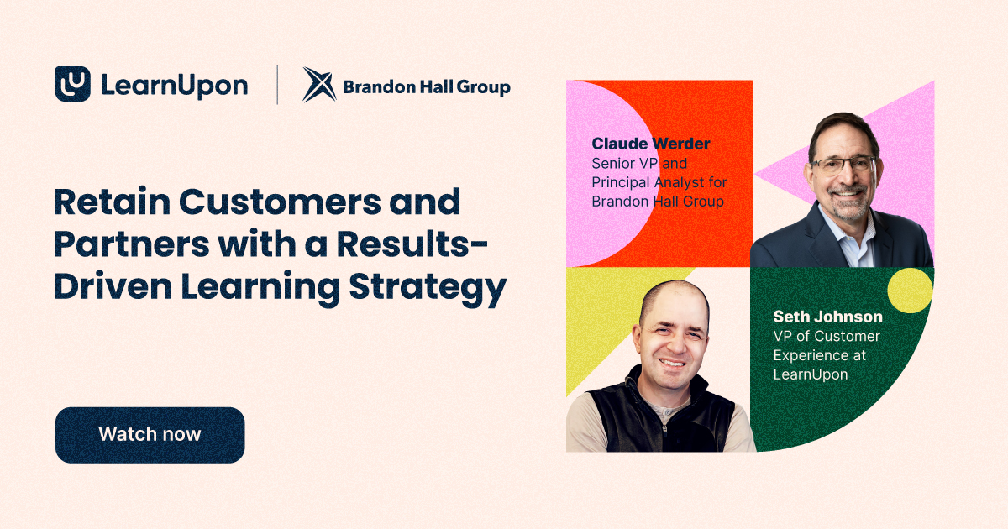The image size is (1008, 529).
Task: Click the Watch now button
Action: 150,435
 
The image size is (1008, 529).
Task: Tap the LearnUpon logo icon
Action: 72,84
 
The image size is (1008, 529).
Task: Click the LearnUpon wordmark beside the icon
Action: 174,85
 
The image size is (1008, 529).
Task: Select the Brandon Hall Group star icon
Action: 318,85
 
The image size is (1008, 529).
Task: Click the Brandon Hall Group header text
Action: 426,86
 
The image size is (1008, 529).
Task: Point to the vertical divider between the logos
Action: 277,85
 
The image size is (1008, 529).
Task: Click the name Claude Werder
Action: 650,144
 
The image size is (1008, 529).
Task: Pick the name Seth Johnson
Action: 827,317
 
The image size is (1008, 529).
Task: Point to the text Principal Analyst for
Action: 659,182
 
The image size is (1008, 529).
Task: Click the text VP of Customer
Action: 827,336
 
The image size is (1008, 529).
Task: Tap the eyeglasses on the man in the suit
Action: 843,164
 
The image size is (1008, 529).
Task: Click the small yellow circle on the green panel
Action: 910,291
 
